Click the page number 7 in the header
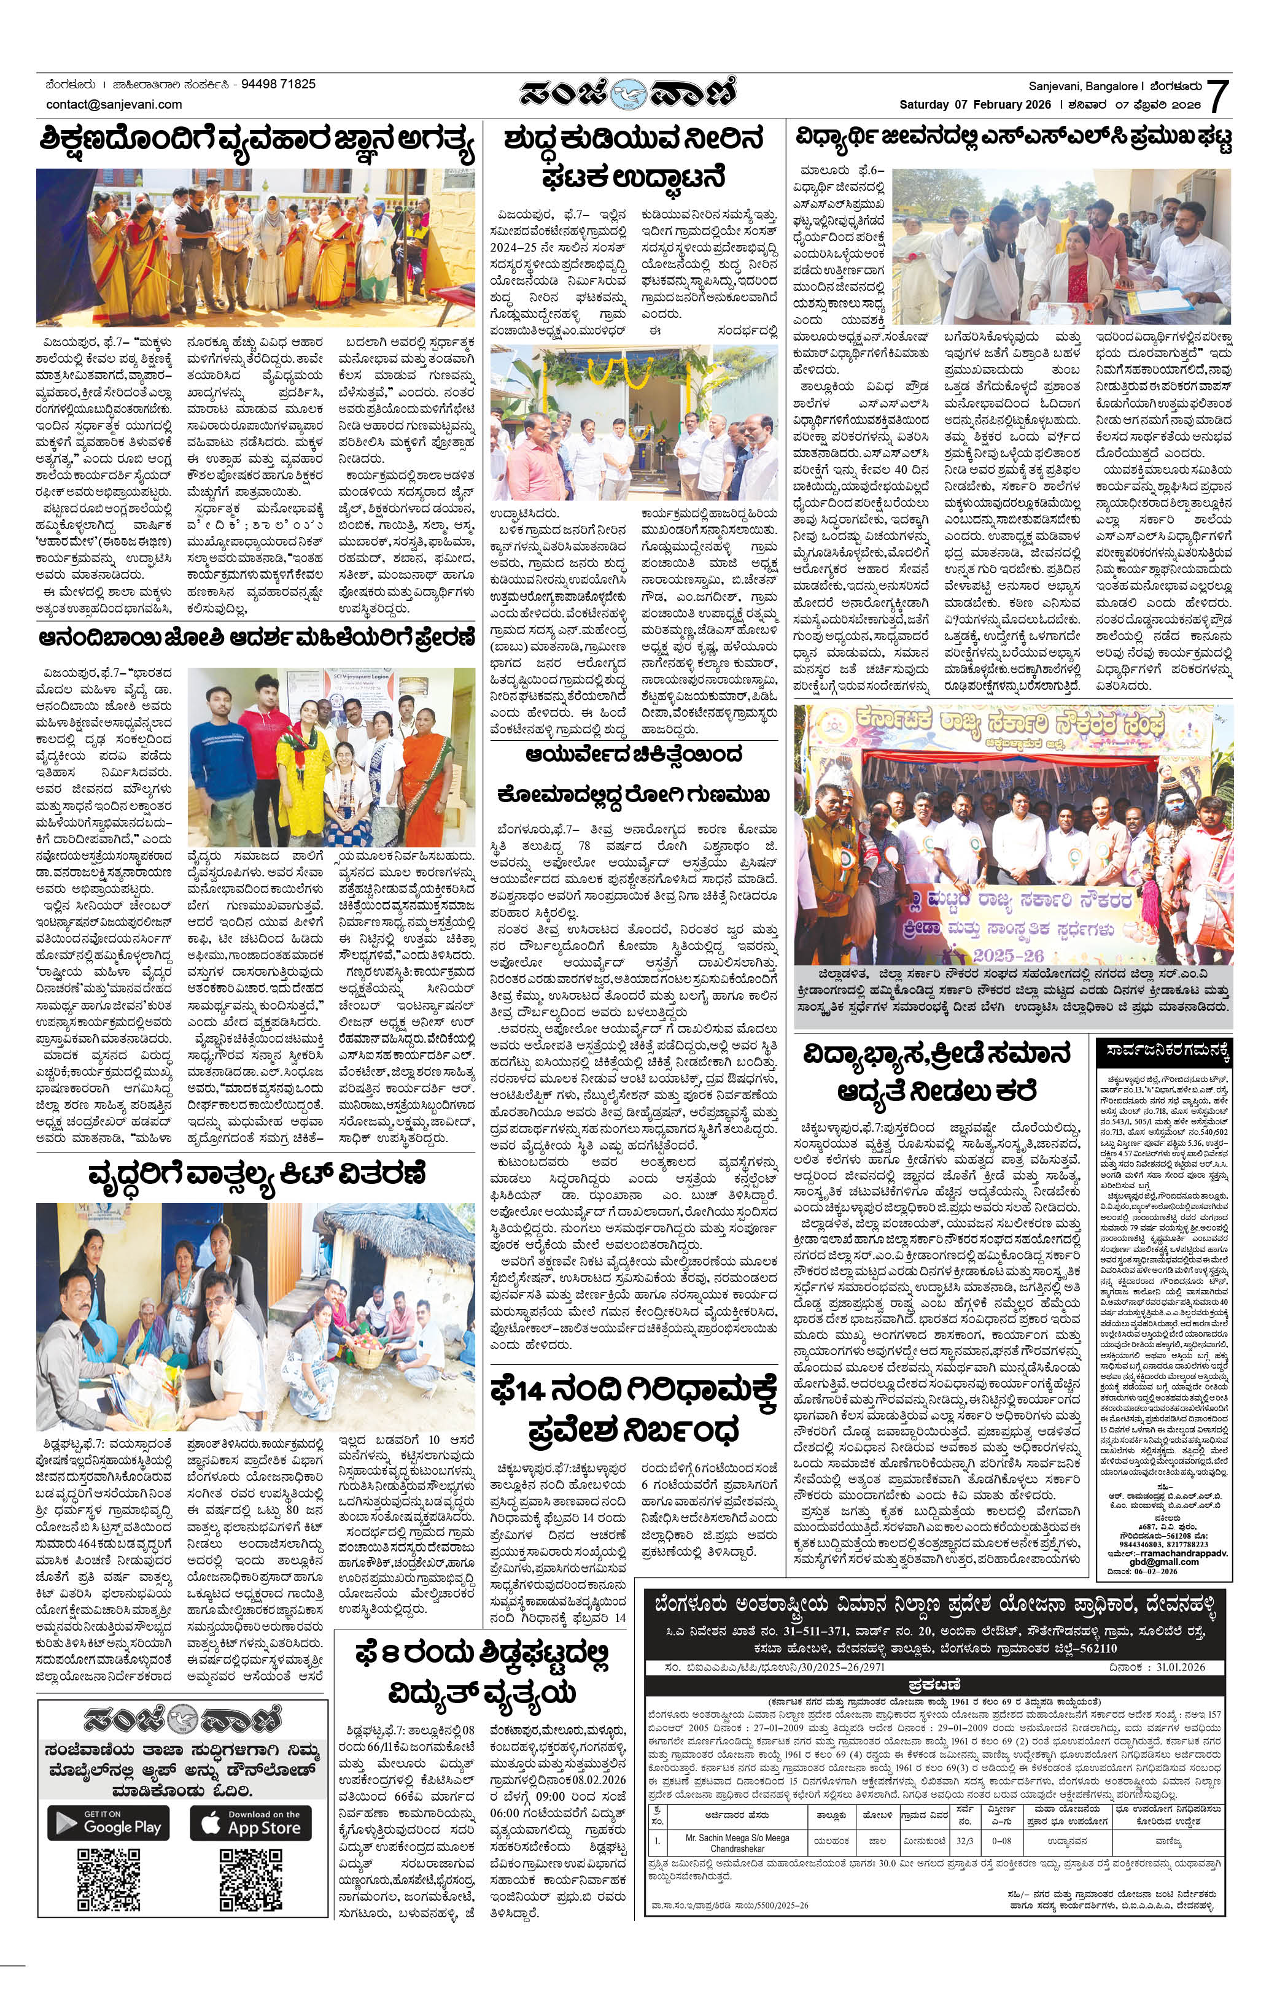1217,96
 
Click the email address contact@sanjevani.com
114,104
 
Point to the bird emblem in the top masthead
634,93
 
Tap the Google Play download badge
109,1823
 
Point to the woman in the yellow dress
296,762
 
